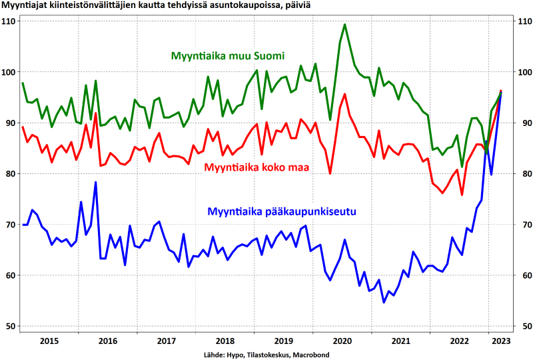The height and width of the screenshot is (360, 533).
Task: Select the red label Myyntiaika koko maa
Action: click(257, 167)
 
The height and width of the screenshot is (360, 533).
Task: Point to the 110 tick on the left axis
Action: click(9, 21)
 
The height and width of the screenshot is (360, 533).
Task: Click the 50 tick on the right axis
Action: click(523, 326)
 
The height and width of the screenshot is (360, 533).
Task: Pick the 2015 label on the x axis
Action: click(50, 341)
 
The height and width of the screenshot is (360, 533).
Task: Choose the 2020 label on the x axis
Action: click(342, 341)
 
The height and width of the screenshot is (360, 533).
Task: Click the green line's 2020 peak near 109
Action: click(344, 25)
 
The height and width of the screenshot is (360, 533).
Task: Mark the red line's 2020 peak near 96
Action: click(344, 94)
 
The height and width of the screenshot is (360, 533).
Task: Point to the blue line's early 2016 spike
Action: click(95, 182)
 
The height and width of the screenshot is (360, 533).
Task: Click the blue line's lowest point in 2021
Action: click(384, 303)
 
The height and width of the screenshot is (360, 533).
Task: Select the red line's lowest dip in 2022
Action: click(462, 195)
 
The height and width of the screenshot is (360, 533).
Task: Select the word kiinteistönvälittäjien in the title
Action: click(93, 6)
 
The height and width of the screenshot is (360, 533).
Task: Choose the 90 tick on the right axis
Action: click(523, 123)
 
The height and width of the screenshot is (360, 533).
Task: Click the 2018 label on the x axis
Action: click(225, 341)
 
